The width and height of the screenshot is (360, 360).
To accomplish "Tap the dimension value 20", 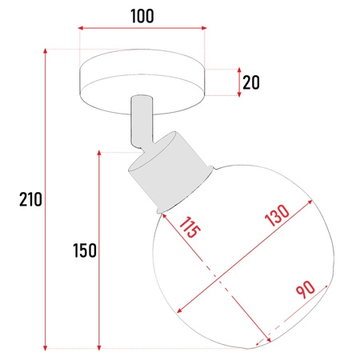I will pyautogui.click(x=252, y=82).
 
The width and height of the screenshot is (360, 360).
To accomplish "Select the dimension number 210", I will pyautogui.click(x=30, y=199).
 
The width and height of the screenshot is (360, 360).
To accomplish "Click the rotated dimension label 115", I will pyautogui.click(x=190, y=230).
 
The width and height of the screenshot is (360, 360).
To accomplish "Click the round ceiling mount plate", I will pyautogui.click(x=142, y=82).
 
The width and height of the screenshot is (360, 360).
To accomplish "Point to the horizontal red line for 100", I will pyautogui.click(x=142, y=31).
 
